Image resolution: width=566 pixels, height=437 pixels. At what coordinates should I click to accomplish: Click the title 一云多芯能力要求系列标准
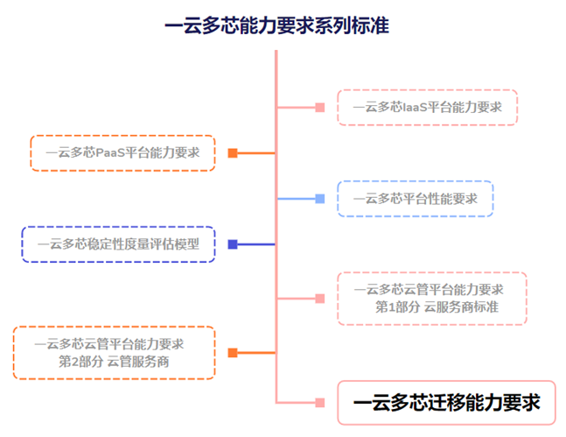pyautogui.click(x=276, y=25)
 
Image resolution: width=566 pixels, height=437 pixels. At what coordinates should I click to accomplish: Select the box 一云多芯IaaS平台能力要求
pyautogui.click(x=427, y=108)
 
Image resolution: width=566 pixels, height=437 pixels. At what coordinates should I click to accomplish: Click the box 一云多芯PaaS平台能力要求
pyautogui.click(x=122, y=152)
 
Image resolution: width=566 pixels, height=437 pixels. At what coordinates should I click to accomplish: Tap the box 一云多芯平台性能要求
pyautogui.click(x=415, y=199)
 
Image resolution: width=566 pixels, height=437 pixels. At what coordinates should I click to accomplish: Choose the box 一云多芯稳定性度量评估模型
pyautogui.click(x=118, y=244)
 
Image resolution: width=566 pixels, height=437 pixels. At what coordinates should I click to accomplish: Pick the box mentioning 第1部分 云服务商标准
pyautogui.click(x=432, y=298)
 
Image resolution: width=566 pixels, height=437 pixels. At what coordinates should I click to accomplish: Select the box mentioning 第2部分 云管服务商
pyautogui.click(x=114, y=352)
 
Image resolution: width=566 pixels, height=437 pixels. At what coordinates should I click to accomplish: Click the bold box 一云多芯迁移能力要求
pyautogui.click(x=446, y=403)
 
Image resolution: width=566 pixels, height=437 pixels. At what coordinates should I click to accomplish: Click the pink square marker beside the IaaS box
pyautogui.click(x=320, y=108)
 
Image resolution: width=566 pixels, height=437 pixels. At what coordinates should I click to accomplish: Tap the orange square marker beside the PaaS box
pyautogui.click(x=233, y=152)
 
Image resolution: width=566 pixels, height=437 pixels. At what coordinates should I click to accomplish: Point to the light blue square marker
pyautogui.click(x=320, y=199)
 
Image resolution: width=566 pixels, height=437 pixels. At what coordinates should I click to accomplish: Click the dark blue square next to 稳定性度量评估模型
pyautogui.click(x=233, y=244)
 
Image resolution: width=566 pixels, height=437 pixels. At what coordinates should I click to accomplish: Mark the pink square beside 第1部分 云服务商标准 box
pyautogui.click(x=320, y=299)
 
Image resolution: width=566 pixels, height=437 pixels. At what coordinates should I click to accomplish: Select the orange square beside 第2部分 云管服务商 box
pyautogui.click(x=233, y=353)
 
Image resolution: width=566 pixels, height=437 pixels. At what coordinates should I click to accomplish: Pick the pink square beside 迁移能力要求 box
pyautogui.click(x=320, y=403)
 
